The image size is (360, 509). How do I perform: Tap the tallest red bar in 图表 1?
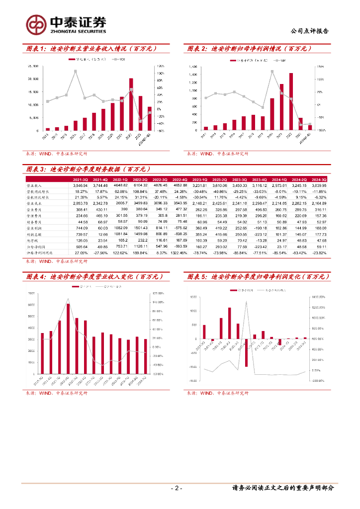[x=131, y=104]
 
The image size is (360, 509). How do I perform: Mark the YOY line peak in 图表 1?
[x=75, y=71]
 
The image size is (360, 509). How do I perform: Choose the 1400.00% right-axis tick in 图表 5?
[x=318, y=297]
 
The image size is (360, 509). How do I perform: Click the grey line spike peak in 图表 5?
[x=247, y=302]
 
